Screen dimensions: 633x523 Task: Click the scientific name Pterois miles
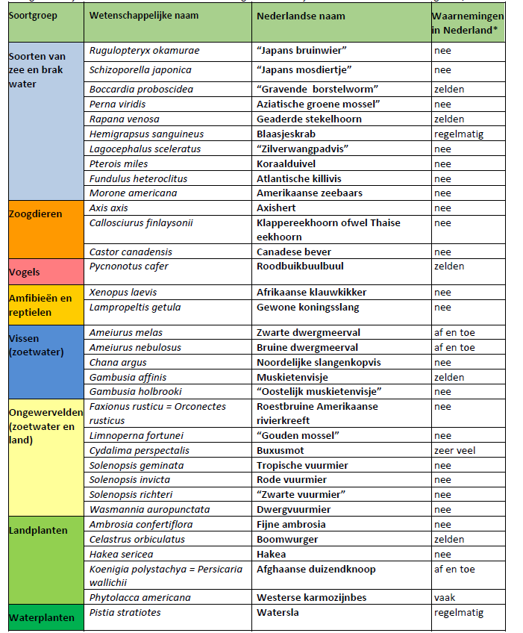[119, 163]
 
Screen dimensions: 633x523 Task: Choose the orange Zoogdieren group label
[36, 213]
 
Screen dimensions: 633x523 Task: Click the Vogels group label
[25, 272]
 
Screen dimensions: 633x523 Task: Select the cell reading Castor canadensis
[131, 252]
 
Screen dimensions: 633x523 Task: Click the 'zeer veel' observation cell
[454, 450]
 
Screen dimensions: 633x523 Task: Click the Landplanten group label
[38, 531]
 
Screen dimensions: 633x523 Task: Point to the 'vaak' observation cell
[445, 597]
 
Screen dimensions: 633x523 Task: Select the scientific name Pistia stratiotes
[125, 612]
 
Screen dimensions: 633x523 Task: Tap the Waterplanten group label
[42, 618]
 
